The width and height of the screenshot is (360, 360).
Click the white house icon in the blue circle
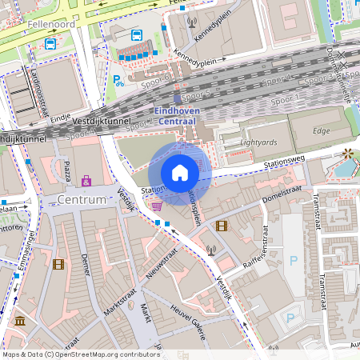point(180,173)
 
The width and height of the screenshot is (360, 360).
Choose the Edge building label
point(321,130)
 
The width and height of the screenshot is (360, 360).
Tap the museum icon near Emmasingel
point(19,322)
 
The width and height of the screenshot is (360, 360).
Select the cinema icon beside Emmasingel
point(58,263)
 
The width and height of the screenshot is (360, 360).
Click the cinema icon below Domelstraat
point(221,226)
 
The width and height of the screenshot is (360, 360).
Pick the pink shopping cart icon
point(157,206)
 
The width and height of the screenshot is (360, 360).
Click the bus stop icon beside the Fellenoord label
point(51,43)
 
